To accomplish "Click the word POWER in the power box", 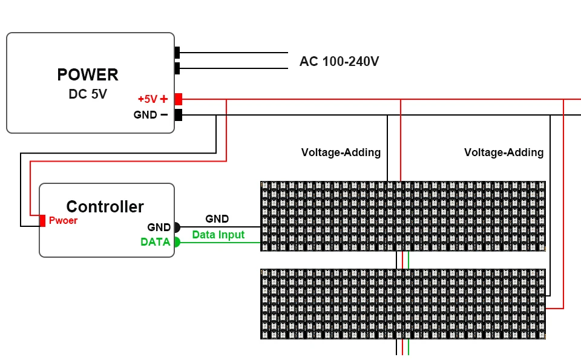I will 88,75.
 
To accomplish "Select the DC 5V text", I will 88,94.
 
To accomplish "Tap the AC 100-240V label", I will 339,62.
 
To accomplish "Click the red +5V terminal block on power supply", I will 179,99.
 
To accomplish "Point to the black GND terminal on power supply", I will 179,115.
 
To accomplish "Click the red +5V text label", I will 147,99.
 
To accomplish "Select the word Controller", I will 105,207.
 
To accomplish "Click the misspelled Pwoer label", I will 63,221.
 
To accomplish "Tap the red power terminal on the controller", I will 42,221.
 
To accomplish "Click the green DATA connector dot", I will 177,242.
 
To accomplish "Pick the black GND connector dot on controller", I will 177,227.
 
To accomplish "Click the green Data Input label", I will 218,235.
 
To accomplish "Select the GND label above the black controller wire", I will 217,219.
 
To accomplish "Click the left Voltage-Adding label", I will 341,152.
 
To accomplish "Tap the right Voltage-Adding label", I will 504,152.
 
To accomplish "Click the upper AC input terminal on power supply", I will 177,53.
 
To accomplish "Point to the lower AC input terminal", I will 177,68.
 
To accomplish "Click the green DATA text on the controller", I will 155,242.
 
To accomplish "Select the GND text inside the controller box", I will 159,227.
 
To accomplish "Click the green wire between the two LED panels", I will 409,260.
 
